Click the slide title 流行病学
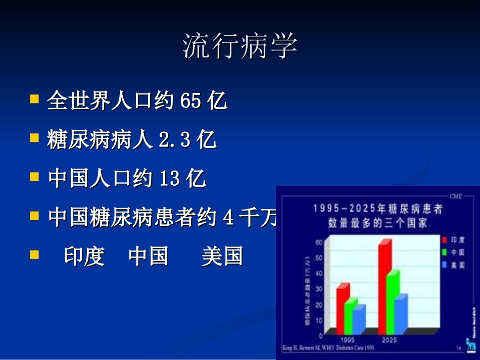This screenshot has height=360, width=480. [239, 47]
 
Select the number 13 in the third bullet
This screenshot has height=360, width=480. [169, 178]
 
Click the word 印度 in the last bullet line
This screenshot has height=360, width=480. [84, 256]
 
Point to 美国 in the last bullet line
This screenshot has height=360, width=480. [222, 256]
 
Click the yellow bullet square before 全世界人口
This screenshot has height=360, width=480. [34, 99]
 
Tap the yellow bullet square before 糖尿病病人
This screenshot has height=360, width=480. [34, 137]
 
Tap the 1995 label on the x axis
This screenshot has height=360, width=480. [347, 340]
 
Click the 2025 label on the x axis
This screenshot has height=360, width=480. [389, 340]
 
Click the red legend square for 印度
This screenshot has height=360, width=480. [444, 240]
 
